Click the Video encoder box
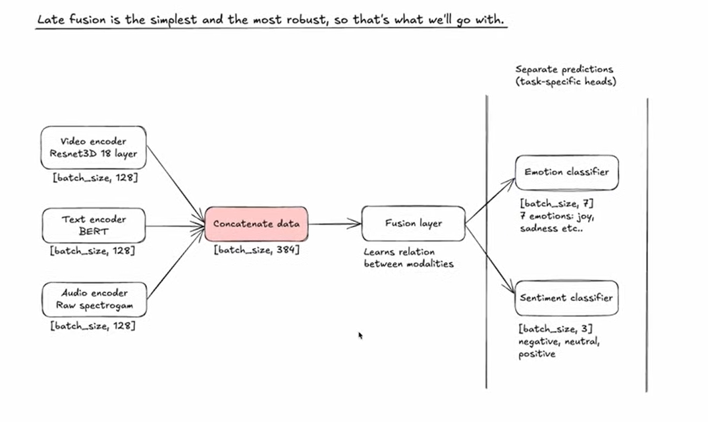coord(93,148)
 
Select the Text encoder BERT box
coord(93,225)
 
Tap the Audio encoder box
coord(94,300)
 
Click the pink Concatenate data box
coord(256,224)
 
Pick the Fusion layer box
coord(413,224)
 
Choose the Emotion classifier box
coord(566,172)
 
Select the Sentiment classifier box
coord(566,298)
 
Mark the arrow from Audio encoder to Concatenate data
coord(175,263)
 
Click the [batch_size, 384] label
coord(257,250)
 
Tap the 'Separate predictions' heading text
coord(564,69)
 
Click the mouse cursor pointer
coord(360,335)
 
